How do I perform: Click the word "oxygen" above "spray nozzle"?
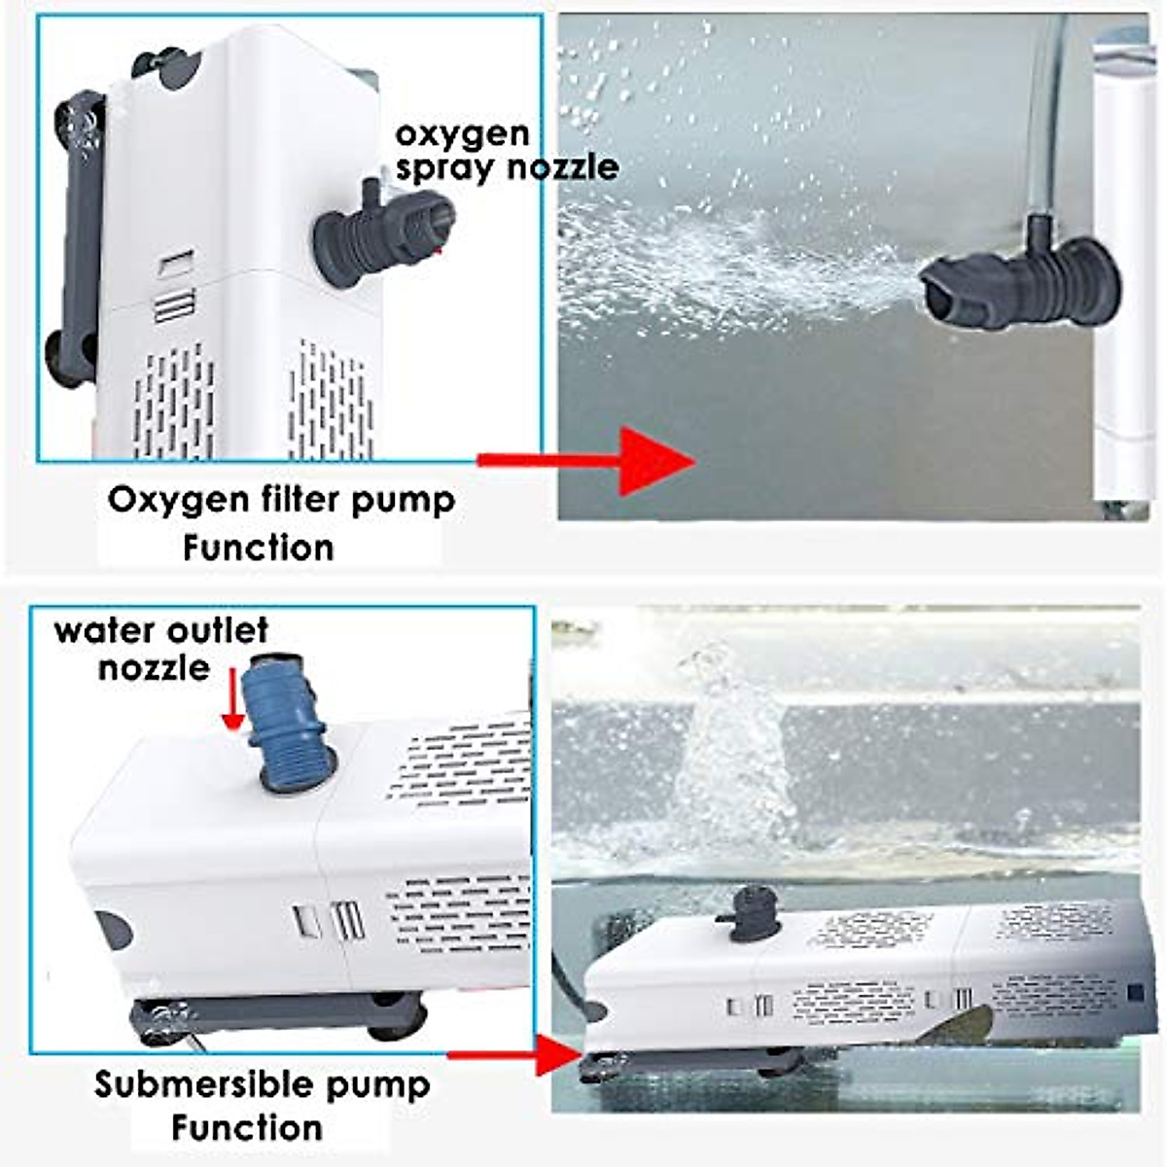[x=462, y=135]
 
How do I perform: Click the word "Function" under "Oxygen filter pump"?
[x=258, y=548]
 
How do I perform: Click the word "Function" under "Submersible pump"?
[x=247, y=1128]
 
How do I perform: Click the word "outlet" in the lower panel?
[x=215, y=630]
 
